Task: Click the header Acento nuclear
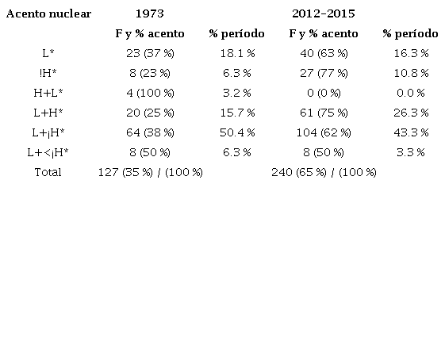48,14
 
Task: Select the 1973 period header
150,14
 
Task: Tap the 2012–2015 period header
323,14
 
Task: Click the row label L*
48,53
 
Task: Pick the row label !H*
48,73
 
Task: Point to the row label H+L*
48,93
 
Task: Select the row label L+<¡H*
48,152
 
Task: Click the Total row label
48,172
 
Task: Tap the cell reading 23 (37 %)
150,53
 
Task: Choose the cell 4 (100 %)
150,93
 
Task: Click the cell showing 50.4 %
236,132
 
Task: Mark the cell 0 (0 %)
323,93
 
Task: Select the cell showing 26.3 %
410,113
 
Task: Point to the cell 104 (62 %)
323,132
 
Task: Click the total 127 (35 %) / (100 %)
150,172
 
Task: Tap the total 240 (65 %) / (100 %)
323,172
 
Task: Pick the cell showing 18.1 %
236,53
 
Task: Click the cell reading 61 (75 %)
323,113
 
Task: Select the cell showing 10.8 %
410,73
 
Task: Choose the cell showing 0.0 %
410,93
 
